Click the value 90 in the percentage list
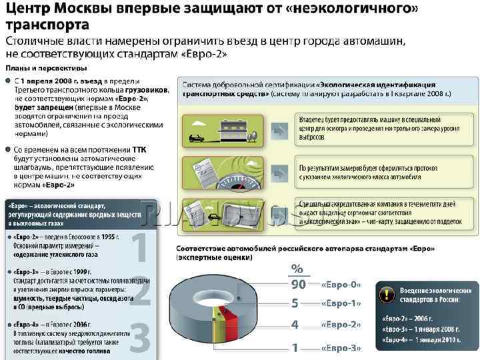(x=297, y=284)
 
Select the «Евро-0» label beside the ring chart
(x=341, y=284)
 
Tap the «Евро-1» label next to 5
(x=341, y=304)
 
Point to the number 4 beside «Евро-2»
(x=295, y=325)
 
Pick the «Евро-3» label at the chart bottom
(x=341, y=347)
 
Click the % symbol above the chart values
(x=297, y=269)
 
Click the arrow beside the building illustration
(x=282, y=128)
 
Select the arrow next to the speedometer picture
(x=282, y=171)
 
